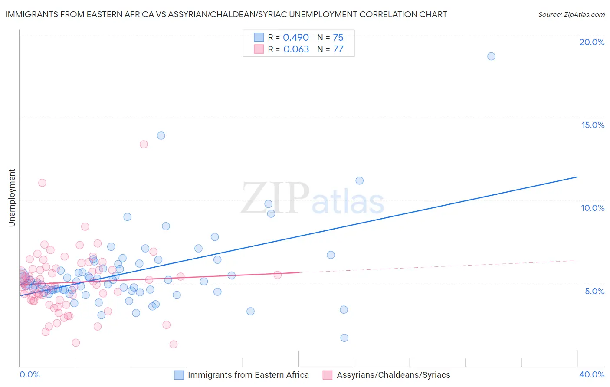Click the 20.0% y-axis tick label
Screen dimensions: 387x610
[592, 42]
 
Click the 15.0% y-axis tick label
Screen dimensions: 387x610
[593, 125]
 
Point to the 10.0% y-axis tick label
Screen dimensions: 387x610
[593, 208]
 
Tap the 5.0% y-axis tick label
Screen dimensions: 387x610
[594, 291]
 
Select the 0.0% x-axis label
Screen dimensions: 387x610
[30, 374]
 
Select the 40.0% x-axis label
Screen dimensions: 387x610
[592, 374]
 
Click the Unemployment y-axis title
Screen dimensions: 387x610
[12, 198]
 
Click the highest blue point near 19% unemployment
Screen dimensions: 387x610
[491, 56]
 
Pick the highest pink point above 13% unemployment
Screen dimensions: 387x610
[144, 144]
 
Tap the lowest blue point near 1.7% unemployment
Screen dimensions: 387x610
[344, 338]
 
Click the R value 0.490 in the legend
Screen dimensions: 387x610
[296, 38]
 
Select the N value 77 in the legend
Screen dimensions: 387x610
[338, 49]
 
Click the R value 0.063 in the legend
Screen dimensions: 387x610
[296, 49]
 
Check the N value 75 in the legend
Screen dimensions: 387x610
[338, 38]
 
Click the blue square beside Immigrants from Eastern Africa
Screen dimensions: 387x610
[179, 375]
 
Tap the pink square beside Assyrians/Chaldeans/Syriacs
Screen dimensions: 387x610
[328, 375]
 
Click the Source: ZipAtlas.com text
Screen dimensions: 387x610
[571, 15]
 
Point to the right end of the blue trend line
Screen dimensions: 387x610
[577, 177]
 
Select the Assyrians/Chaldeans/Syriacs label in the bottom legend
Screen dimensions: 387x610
[394, 375]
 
